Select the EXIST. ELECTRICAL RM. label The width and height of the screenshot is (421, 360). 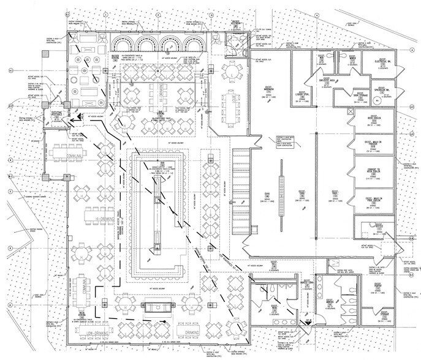(x=381, y=61)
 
